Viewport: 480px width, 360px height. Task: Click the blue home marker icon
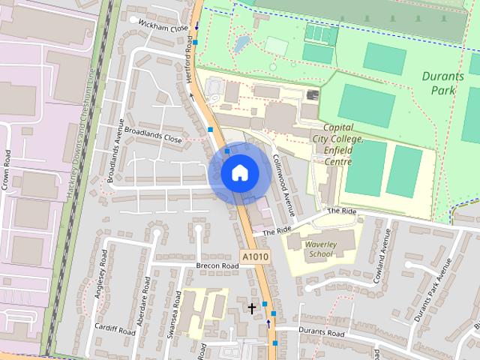(x=239, y=172)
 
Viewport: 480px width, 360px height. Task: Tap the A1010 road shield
(x=255, y=257)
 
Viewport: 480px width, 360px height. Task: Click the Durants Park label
(x=448, y=82)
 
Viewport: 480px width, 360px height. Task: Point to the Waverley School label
(x=320, y=249)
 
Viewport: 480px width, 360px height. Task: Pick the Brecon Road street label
(x=217, y=265)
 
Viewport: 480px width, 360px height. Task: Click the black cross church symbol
(x=252, y=308)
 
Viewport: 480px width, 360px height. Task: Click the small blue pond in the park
(x=241, y=43)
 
